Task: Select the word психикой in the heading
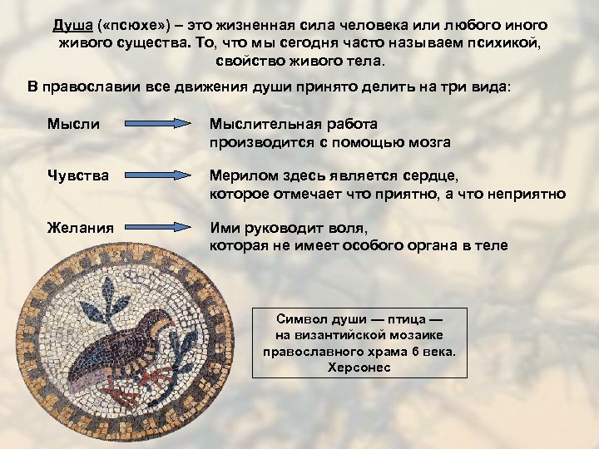507,44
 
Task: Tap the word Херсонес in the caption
359,367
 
